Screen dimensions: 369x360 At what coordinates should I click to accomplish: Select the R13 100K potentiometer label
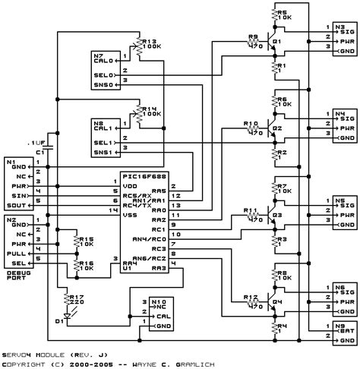149,46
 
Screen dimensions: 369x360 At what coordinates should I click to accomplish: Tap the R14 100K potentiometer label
149,111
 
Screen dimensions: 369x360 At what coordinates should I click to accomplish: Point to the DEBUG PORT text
16,253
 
